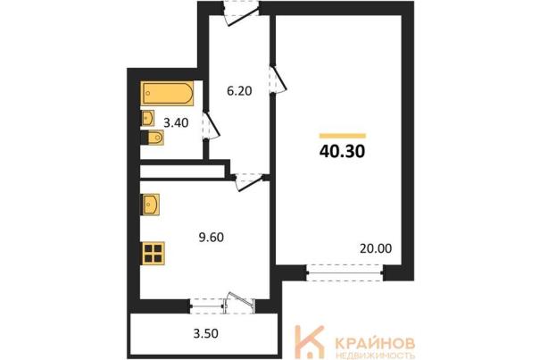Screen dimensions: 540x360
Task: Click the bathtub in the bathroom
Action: point(167,93)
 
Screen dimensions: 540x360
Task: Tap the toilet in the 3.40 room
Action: point(153,138)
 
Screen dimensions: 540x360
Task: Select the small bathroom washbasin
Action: point(147,118)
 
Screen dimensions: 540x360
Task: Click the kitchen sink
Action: point(150,205)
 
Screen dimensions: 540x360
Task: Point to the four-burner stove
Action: point(153,254)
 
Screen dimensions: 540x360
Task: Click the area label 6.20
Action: point(239,91)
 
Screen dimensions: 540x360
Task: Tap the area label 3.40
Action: point(176,122)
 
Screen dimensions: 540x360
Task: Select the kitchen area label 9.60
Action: point(212,238)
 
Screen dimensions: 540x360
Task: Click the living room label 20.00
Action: point(376,248)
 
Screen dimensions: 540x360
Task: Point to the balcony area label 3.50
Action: point(205,334)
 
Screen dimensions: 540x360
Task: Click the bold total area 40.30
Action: point(343,151)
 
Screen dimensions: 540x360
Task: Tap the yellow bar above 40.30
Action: point(343,136)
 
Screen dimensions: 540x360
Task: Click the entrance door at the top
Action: point(241,13)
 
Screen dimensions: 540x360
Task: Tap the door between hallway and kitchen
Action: point(249,180)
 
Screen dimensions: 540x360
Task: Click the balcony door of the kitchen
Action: point(240,303)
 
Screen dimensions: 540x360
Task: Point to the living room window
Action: point(345,272)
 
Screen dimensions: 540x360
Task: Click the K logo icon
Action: point(309,342)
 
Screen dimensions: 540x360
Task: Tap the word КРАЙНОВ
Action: point(375,343)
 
